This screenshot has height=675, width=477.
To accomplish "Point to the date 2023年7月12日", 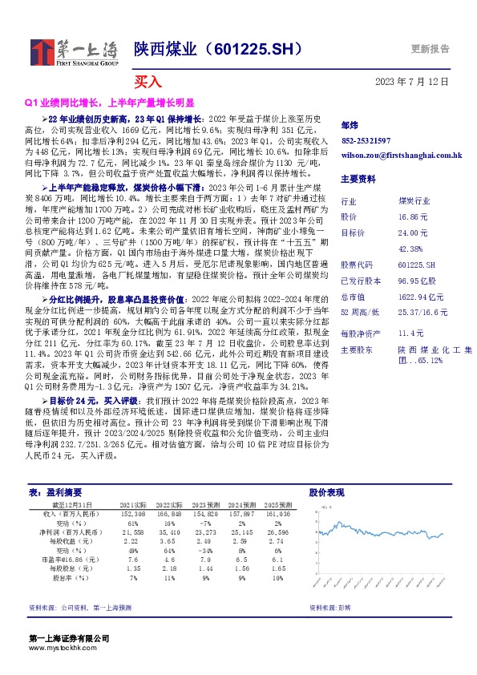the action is [412, 82].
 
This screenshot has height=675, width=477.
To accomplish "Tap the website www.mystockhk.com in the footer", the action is [57, 648].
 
